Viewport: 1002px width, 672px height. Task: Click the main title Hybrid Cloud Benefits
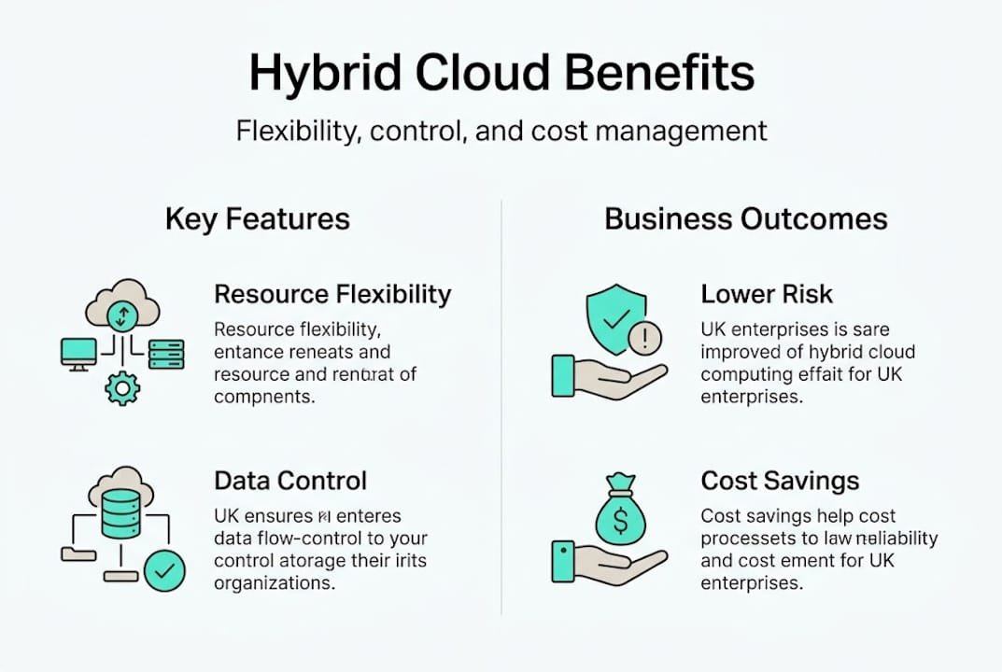501,75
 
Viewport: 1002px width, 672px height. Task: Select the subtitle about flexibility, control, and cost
501,130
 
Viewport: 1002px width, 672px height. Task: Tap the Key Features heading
258,219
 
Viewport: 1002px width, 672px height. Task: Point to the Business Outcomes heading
746,219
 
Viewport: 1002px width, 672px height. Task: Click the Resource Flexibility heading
332,295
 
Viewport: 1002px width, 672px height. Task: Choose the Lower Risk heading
767,295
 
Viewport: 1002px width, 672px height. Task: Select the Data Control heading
290,481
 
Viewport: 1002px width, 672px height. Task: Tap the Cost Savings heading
780,481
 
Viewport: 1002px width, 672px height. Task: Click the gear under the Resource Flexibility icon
122,387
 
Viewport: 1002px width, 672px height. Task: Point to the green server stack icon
166,353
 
